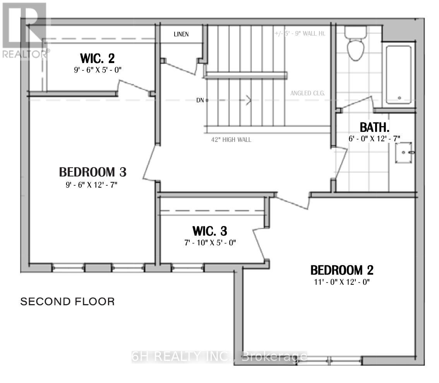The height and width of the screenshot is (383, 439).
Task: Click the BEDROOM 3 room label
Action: point(93,171)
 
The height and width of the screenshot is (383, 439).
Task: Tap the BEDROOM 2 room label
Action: point(342,270)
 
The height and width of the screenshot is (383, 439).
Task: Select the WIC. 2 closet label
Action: point(97,59)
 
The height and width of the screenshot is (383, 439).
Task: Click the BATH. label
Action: point(374,127)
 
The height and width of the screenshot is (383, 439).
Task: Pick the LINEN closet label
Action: point(181,34)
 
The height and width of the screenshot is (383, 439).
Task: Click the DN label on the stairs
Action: point(200,100)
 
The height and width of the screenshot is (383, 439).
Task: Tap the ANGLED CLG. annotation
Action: point(307,93)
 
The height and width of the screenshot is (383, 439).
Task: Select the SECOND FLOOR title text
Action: point(67,301)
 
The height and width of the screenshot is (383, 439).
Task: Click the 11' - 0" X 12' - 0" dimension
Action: point(342,282)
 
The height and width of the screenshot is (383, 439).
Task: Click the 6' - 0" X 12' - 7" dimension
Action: point(374,138)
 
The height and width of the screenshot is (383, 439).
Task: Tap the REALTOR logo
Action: point(24,31)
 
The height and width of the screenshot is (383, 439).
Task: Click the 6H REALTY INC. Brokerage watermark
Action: point(219,357)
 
